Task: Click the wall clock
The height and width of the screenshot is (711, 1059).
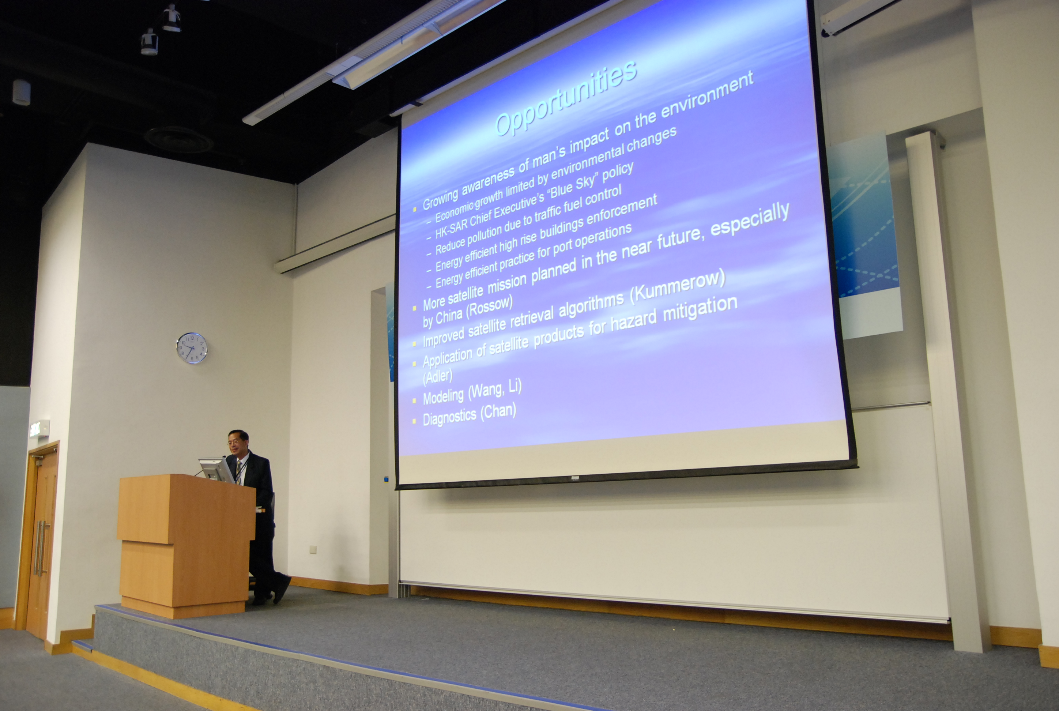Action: click(x=192, y=348)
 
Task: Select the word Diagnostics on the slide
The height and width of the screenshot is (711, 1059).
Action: click(x=449, y=417)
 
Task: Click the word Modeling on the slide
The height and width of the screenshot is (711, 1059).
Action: click(x=443, y=397)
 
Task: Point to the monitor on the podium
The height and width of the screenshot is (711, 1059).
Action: click(x=216, y=470)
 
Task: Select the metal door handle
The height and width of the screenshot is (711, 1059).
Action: click(x=40, y=548)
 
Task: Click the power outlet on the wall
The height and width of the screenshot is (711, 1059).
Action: click(x=313, y=550)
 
